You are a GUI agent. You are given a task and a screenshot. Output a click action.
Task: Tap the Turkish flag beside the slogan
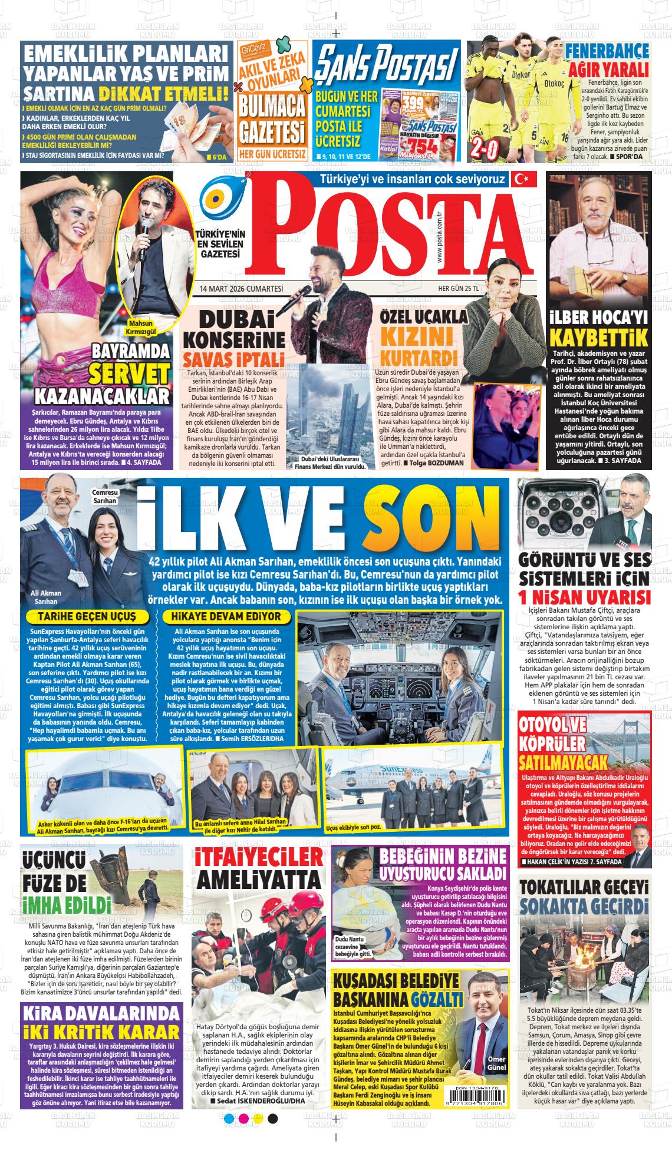[523, 179]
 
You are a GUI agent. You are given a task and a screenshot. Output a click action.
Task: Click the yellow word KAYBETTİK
[598, 338]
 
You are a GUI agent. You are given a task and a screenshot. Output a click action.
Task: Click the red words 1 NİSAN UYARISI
[584, 597]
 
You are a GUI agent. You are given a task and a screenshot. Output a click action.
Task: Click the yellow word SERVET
[129, 374]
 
